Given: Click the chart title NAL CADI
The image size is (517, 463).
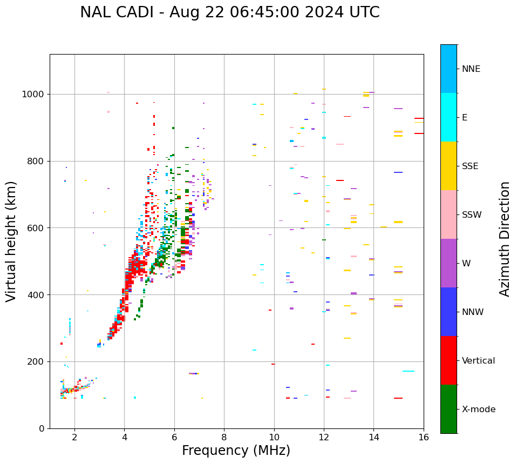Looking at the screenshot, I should click(229, 12).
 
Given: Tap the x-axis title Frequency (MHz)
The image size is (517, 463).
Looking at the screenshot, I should click(236, 451).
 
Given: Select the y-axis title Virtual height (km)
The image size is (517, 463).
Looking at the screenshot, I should click(11, 241).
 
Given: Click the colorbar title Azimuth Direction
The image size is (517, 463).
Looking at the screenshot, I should click(505, 239).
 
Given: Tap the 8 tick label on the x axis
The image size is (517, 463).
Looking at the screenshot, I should click(224, 437).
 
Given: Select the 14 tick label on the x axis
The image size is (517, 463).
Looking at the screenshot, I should click(373, 437).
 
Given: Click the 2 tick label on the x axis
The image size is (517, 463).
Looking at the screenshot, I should click(74, 437).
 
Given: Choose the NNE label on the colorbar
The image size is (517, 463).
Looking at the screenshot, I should click(471, 69).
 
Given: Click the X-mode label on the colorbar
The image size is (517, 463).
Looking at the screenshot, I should click(479, 410).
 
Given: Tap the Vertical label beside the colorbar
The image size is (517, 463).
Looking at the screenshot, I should click(478, 361).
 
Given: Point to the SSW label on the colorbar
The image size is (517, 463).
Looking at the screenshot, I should click(472, 215).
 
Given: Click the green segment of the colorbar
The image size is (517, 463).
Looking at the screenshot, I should click(448, 409).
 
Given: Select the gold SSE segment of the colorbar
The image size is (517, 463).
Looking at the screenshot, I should click(448, 166).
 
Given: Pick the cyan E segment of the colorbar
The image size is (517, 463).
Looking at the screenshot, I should click(448, 117).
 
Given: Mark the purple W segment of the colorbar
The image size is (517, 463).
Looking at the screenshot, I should click(448, 263).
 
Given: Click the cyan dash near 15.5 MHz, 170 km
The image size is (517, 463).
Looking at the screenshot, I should click(409, 371).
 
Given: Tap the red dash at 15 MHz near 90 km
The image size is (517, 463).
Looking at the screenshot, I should click(398, 398).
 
